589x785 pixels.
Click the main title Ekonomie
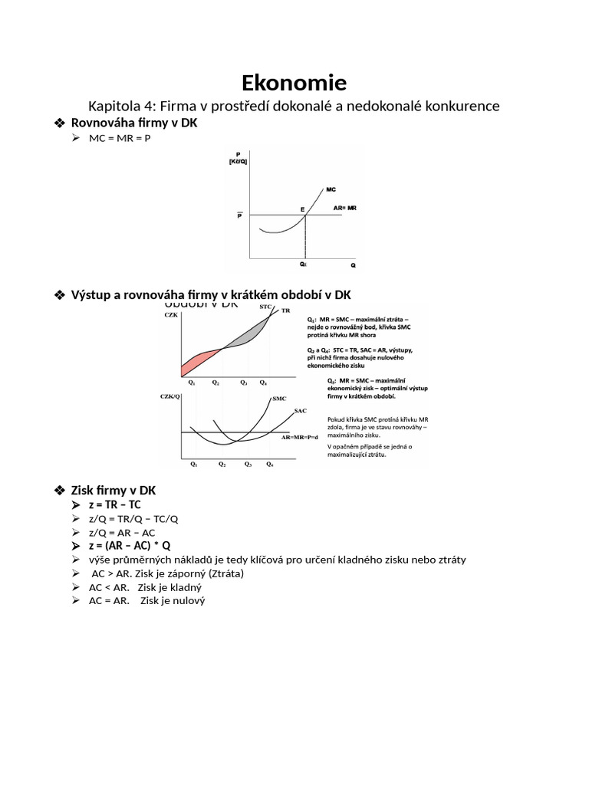point(294,83)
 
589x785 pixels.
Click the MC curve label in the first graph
point(331,189)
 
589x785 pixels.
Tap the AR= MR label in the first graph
point(344,208)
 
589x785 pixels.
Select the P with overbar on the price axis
point(239,215)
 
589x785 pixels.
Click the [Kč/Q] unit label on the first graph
point(237,161)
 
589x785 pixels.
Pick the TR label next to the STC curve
point(285,310)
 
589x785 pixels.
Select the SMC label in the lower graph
point(279,399)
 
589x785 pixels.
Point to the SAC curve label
point(301,412)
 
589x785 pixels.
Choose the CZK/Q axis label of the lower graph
point(169,396)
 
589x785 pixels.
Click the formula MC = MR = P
point(115,138)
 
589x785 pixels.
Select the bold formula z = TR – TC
point(115,504)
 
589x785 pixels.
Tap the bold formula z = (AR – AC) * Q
point(130,545)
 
